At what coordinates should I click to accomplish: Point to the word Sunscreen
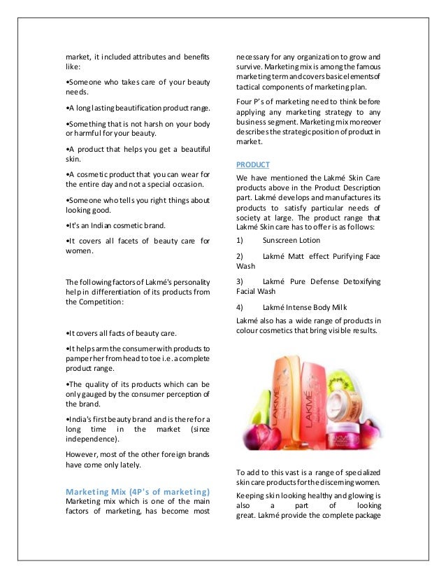[x=280, y=241]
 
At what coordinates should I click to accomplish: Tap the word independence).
[x=92, y=439]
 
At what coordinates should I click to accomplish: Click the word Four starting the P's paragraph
[x=246, y=100]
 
